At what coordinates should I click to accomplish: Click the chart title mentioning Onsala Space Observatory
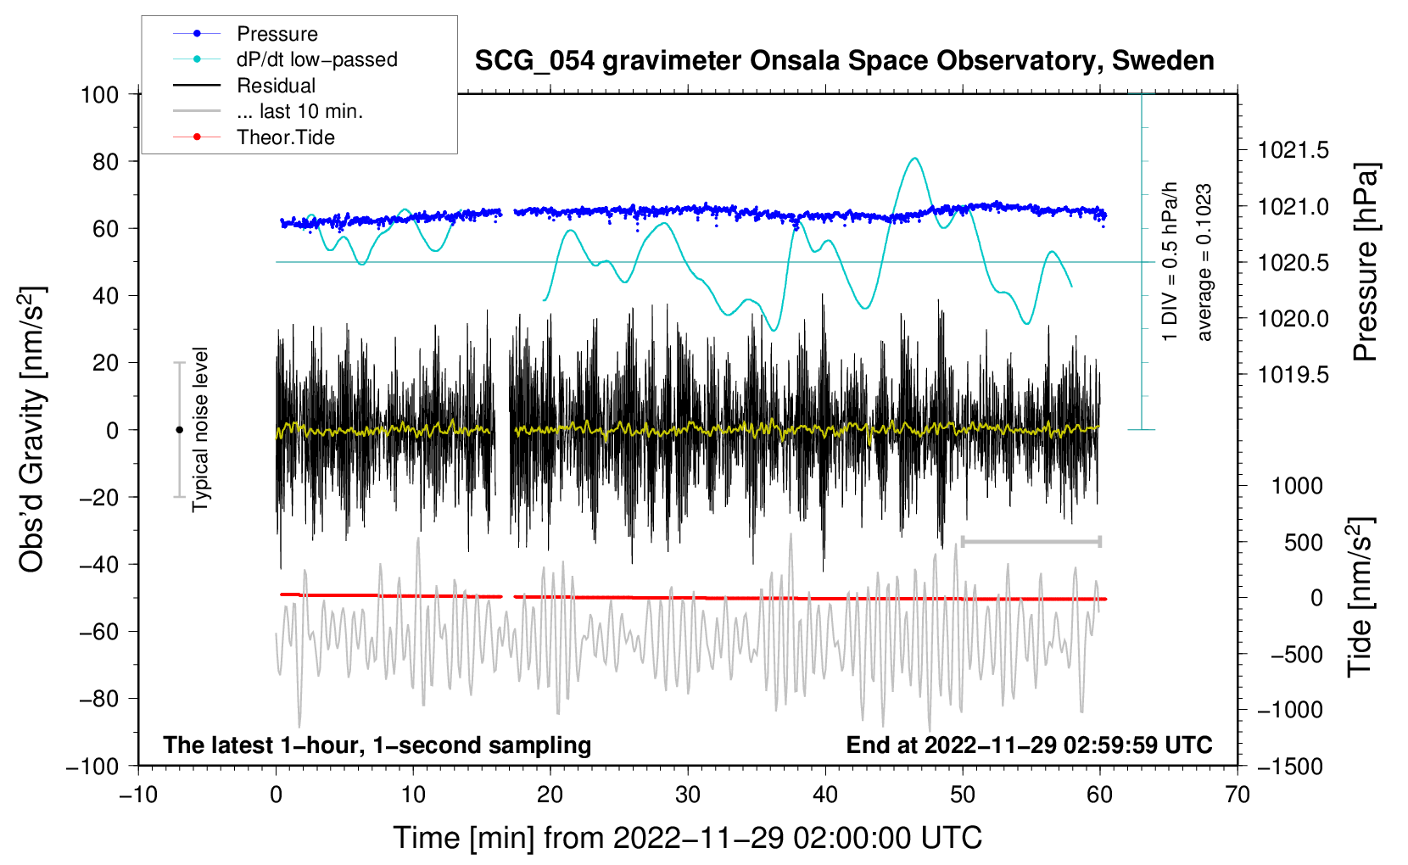pyautogui.click(x=844, y=61)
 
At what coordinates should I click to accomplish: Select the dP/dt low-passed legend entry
pyautogui.click(x=316, y=59)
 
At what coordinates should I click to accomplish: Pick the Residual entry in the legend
pyautogui.click(x=276, y=86)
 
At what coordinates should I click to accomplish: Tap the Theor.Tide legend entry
pyautogui.click(x=285, y=137)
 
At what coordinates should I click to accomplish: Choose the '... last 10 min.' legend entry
pyautogui.click(x=299, y=111)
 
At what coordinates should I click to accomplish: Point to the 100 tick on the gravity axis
pyautogui.click(x=99, y=94)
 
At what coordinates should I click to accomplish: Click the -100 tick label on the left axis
pyautogui.click(x=92, y=766)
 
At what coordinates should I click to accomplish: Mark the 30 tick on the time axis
pyautogui.click(x=688, y=795)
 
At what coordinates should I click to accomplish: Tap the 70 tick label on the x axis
pyautogui.click(x=1238, y=795)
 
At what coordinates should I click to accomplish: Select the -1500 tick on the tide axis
pyautogui.click(x=1289, y=766)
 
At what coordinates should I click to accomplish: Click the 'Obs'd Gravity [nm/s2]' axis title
pyautogui.click(x=31, y=429)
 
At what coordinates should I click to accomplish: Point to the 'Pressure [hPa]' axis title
pyautogui.click(x=1365, y=262)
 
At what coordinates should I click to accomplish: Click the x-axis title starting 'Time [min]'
pyautogui.click(x=688, y=838)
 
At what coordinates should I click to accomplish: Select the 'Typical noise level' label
pyautogui.click(x=200, y=429)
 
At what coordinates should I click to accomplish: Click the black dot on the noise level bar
pyautogui.click(x=179, y=430)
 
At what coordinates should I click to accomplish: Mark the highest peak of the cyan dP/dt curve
pyautogui.click(x=914, y=159)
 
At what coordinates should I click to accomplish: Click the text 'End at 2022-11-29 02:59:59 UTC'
pyautogui.click(x=1029, y=745)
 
